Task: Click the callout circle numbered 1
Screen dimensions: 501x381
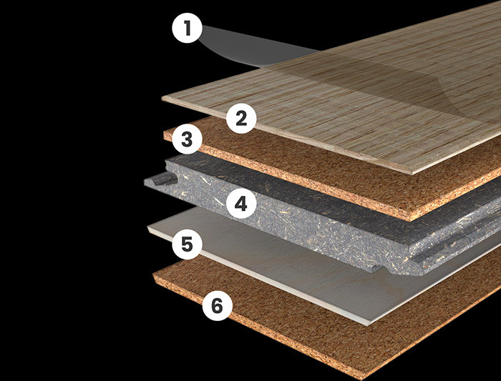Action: point(188,28)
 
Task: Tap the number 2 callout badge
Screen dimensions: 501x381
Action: point(241,119)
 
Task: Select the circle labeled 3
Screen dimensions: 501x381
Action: point(188,139)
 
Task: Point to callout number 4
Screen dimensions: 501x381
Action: point(241,203)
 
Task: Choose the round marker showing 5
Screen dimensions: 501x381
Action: point(188,244)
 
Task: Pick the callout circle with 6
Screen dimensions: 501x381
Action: point(218,306)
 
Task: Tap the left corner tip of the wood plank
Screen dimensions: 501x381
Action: point(162,98)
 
